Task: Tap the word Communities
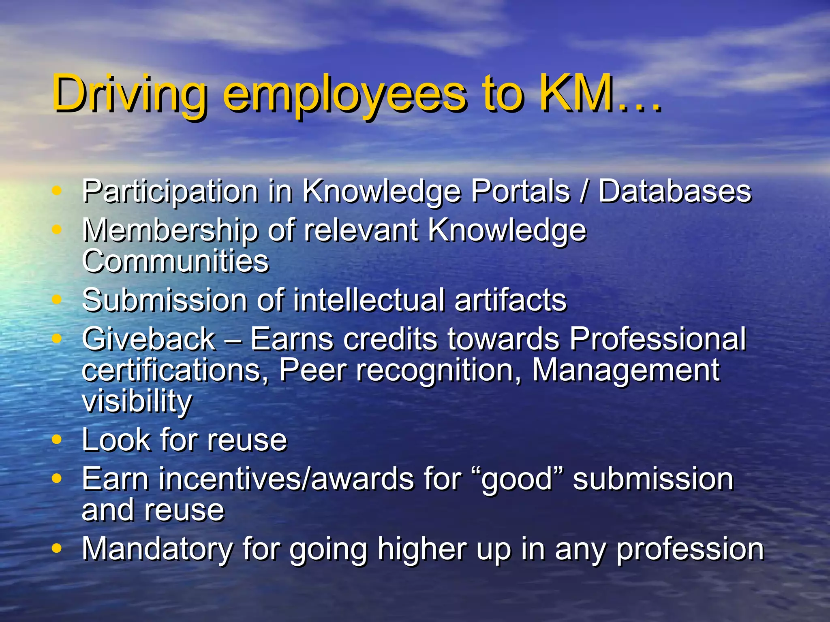click(x=175, y=261)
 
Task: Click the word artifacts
click(x=510, y=300)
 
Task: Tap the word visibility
click(x=137, y=401)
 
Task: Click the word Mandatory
click(x=157, y=549)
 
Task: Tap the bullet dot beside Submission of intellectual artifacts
click(x=57, y=300)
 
